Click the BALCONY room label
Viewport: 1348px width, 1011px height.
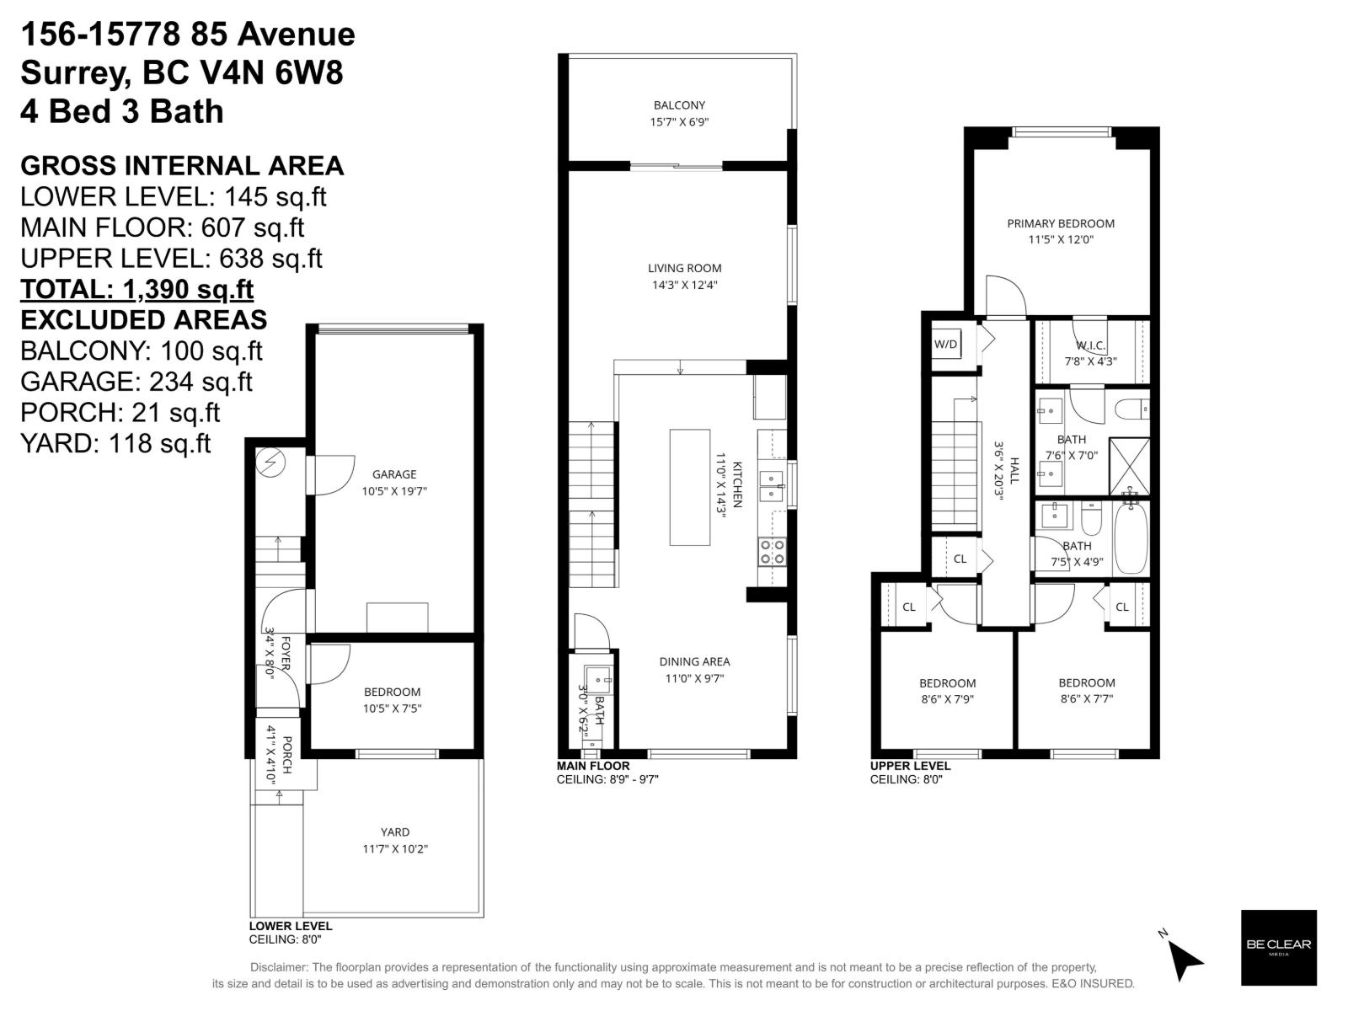[x=679, y=105]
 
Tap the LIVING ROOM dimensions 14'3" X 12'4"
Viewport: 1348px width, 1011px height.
[x=684, y=285]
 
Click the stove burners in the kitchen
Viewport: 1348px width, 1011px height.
[x=773, y=552]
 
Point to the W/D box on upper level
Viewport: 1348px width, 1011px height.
[x=946, y=344]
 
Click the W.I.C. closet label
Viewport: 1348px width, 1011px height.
[x=1090, y=345]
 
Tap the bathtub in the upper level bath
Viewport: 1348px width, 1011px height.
[x=1131, y=538]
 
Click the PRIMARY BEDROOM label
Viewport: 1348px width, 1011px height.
[x=1061, y=223]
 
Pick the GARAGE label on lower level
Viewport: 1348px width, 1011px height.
[x=394, y=474]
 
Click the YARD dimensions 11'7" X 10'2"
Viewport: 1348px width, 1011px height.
[x=395, y=848]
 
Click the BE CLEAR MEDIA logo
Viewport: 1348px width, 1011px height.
[x=1278, y=947]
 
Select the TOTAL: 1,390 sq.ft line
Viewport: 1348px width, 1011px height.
[x=136, y=289]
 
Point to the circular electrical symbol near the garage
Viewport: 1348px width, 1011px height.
[x=273, y=463]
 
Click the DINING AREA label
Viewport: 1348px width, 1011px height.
[x=694, y=661]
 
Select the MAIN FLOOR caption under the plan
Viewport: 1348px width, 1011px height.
[x=593, y=766]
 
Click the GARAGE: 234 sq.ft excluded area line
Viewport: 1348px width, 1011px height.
[x=136, y=382]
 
